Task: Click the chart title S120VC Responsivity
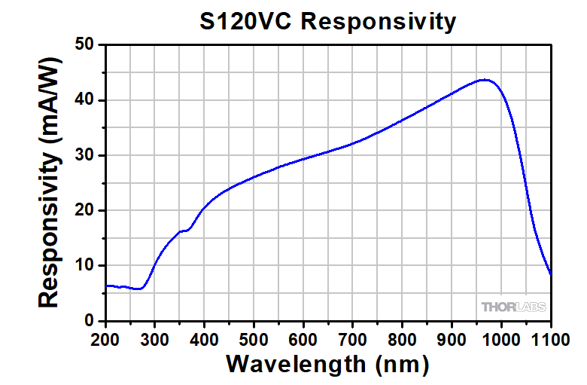tap(327, 21)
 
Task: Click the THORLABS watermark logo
tap(514, 307)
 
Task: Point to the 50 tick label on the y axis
tap(85, 45)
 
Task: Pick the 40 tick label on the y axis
tap(85, 100)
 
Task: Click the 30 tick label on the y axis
tap(85, 155)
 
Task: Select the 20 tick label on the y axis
tap(85, 210)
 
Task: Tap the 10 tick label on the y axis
tap(85, 265)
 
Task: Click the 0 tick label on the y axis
tap(90, 321)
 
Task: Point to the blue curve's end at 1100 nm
tap(551, 274)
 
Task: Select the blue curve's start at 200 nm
tap(106, 286)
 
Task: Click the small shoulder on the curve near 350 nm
tap(183, 231)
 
